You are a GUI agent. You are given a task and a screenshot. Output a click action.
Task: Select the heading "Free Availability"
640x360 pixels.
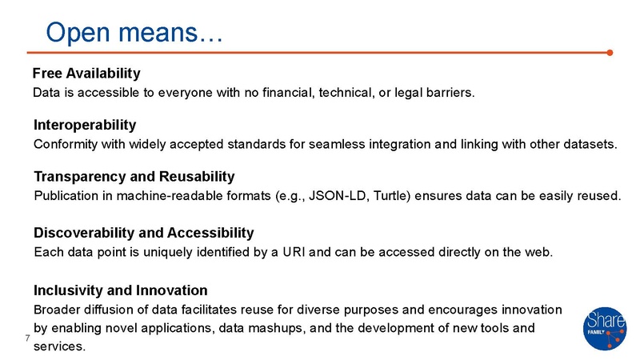point(87,74)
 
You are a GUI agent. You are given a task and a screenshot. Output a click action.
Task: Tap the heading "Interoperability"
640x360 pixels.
point(85,126)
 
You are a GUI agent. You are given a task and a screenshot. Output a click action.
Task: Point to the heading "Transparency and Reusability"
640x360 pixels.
point(134,176)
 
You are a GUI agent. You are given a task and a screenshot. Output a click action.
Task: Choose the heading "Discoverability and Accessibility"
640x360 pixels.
point(143,233)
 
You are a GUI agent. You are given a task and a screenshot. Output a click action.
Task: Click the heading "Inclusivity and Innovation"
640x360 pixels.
point(120,290)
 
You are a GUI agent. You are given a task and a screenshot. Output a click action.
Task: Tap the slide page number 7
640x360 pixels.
point(27,339)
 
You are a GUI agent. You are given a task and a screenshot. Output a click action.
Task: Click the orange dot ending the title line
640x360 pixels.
point(610,54)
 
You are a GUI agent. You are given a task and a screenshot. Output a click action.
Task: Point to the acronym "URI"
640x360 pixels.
point(315,253)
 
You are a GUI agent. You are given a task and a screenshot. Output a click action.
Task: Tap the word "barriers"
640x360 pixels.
point(449,93)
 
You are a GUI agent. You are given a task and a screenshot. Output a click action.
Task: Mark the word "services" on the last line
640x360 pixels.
point(58,346)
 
